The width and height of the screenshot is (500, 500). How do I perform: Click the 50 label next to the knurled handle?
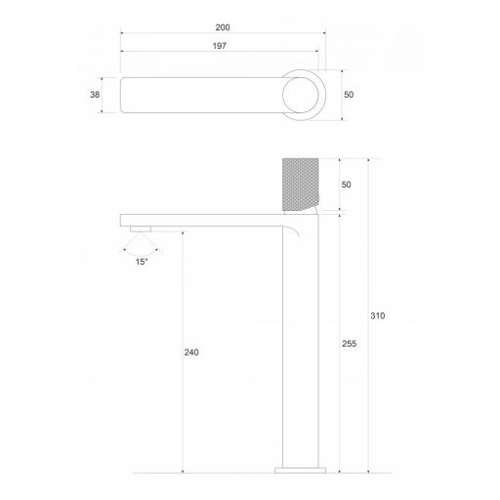347,184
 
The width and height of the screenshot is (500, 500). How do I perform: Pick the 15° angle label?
143,261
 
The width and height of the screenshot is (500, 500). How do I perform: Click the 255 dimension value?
350,344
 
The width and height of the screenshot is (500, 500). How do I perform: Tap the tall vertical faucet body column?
299,342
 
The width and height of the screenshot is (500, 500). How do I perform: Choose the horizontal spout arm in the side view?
195,220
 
